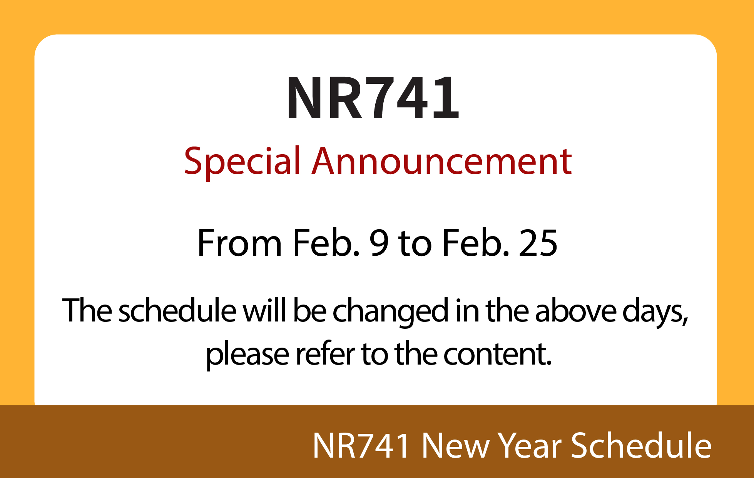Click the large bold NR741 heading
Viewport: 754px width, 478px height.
pyautogui.click(x=373, y=98)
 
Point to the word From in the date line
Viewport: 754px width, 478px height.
pyautogui.click(x=239, y=243)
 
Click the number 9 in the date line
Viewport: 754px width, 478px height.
pyautogui.click(x=379, y=243)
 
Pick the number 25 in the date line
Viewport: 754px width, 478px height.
pyautogui.click(x=538, y=243)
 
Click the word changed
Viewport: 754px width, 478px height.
pyautogui.click(x=391, y=312)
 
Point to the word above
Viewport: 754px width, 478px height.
pyautogui.click(x=575, y=310)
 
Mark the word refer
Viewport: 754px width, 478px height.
pyautogui.click(x=325, y=353)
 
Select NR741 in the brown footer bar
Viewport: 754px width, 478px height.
pyautogui.click(x=361, y=445)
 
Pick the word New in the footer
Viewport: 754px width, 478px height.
pyautogui.click(x=455, y=445)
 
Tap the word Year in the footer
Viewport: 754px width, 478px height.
pyautogui.click(x=531, y=445)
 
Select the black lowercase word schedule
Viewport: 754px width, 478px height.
pyautogui.click(x=177, y=310)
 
